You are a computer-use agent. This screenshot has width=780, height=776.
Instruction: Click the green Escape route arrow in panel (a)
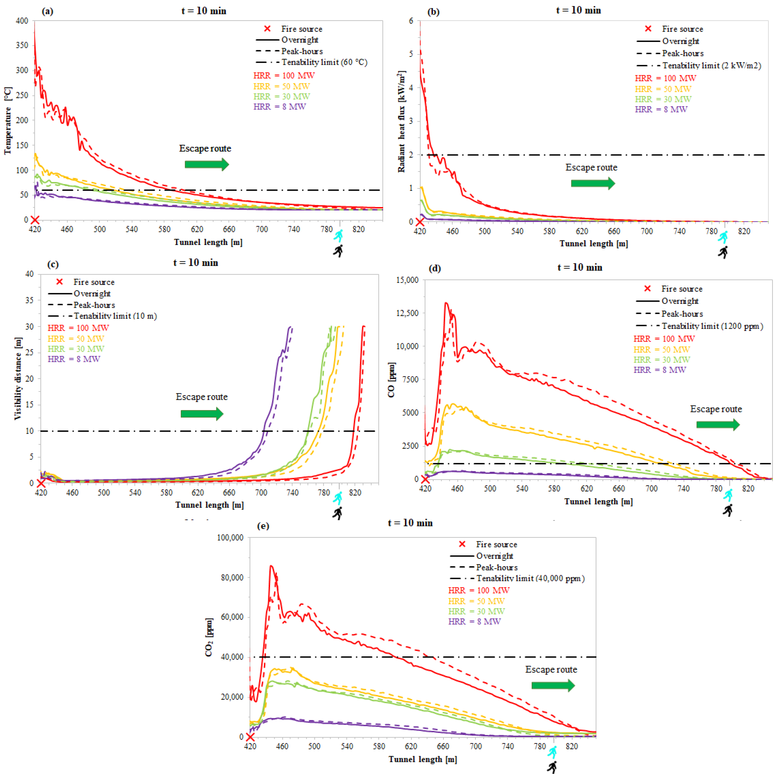tap(207, 164)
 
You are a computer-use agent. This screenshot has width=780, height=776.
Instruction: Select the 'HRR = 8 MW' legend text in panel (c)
tap(74, 359)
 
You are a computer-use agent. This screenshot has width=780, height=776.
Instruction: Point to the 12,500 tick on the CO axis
tap(407, 313)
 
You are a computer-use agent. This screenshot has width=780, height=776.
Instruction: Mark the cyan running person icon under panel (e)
tap(552, 752)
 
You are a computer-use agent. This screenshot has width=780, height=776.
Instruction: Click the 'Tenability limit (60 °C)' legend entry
tap(324, 62)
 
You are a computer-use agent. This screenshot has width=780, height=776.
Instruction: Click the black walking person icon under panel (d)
tap(727, 510)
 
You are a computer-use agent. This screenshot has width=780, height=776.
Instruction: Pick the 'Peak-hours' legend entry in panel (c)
tap(94, 305)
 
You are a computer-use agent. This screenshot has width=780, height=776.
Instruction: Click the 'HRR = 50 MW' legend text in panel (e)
tap(476, 601)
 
